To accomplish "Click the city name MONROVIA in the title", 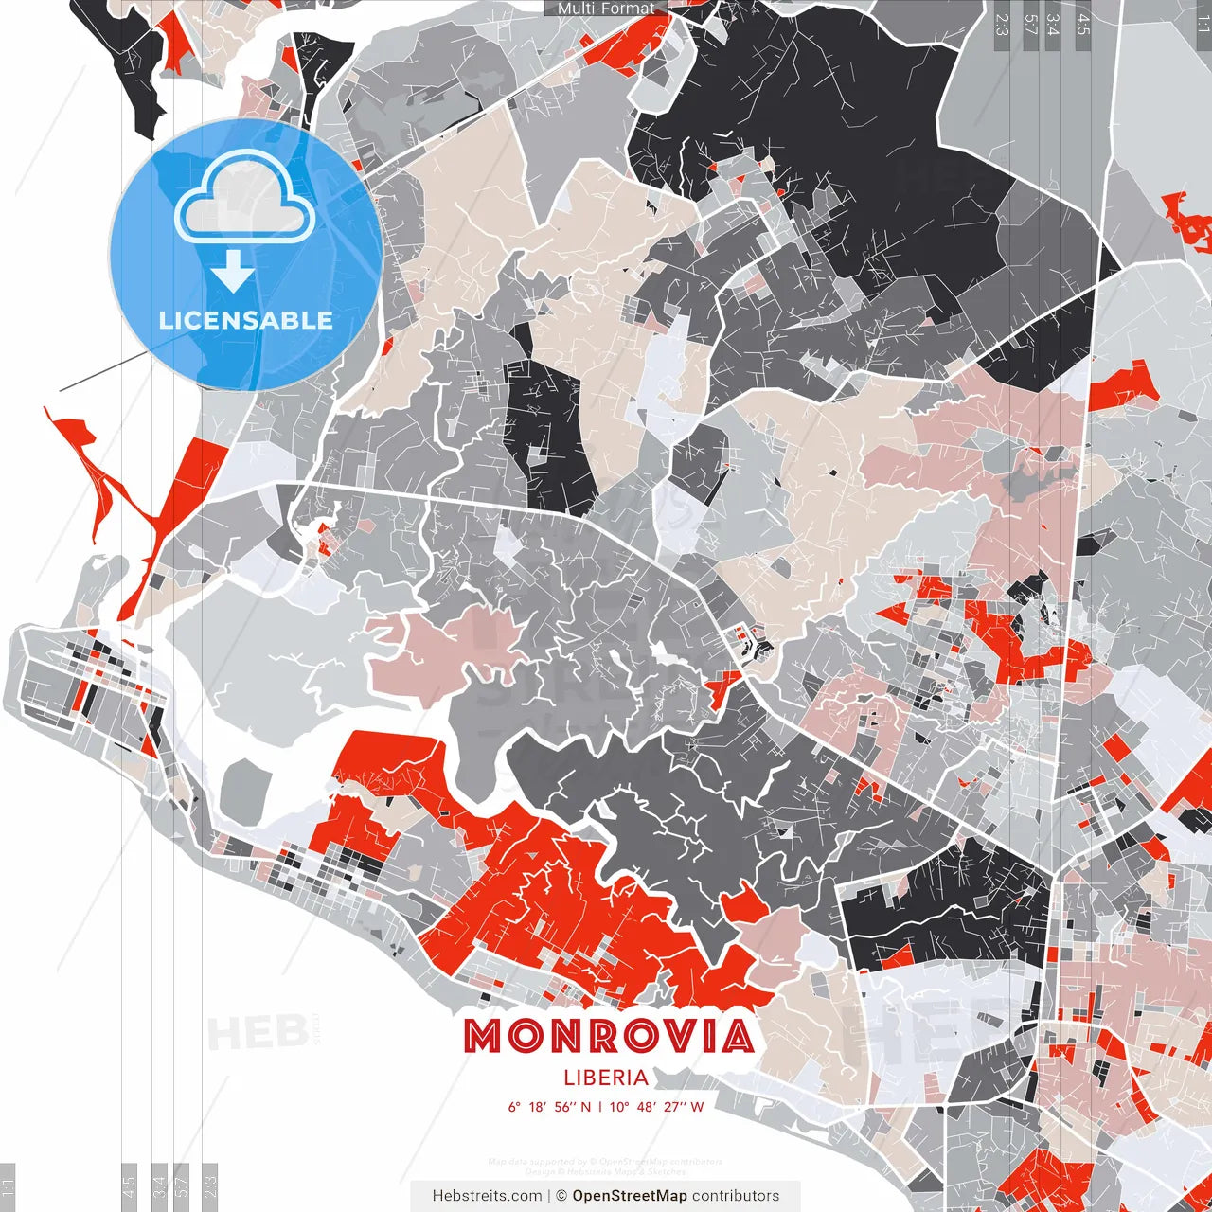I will pos(608,1037).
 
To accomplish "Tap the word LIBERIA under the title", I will pos(606,1078).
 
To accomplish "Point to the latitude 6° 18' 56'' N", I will pos(549,1107).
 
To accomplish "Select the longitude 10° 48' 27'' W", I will pos(657,1107).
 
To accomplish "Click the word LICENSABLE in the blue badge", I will pos(246,320).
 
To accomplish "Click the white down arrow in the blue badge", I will pos(233,273).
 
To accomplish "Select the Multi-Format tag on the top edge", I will pos(605,9).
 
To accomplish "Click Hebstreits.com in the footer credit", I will pos(487,1196).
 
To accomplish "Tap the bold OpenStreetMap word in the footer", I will pos(630,1196).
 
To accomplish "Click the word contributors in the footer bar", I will pos(736,1196).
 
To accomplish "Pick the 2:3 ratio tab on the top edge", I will pos(1002,25).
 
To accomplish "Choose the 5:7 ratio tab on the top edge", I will pos(1030,25).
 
